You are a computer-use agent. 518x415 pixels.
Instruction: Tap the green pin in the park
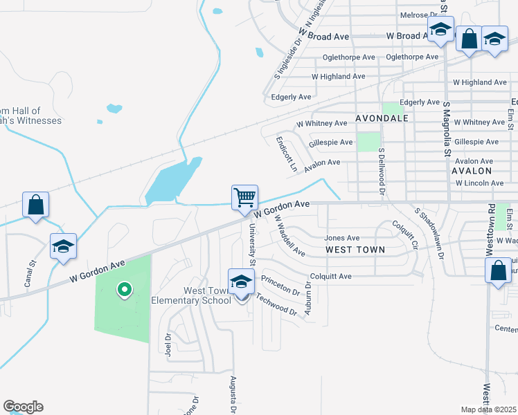124,290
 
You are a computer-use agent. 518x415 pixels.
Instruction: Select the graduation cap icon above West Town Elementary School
241,283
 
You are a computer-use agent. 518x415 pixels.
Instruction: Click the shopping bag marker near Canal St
36,205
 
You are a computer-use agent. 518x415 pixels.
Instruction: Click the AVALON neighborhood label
472,170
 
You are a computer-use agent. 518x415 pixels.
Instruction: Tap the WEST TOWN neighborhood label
355,249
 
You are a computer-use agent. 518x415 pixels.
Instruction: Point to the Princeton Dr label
281,285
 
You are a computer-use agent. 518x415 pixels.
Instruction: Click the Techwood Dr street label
276,304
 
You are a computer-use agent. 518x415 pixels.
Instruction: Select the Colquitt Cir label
406,234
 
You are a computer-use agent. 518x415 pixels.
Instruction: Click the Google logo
23,407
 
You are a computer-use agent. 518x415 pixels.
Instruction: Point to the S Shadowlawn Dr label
429,232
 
